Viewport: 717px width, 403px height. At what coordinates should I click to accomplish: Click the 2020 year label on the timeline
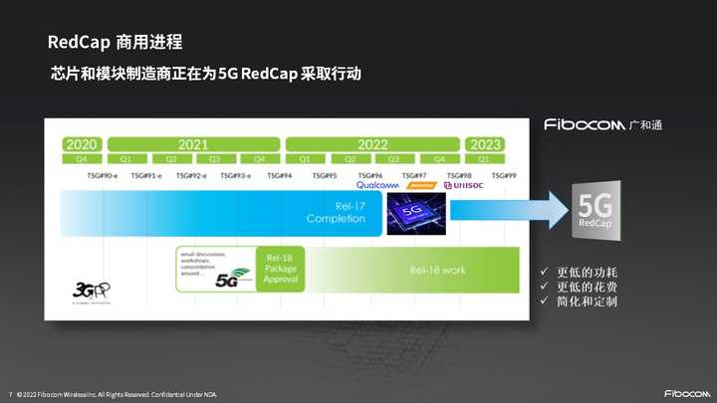81,144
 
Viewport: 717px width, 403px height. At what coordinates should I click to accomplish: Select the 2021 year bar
192,144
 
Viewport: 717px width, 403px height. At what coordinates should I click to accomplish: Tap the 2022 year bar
371,144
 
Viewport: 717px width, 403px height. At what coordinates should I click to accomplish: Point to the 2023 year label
485,144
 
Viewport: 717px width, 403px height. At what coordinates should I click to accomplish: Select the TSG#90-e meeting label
103,175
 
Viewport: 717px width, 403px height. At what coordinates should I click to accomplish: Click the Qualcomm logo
377,185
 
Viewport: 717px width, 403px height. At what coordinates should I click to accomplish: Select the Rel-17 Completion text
336,213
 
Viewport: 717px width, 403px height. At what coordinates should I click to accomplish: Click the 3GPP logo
85,292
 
